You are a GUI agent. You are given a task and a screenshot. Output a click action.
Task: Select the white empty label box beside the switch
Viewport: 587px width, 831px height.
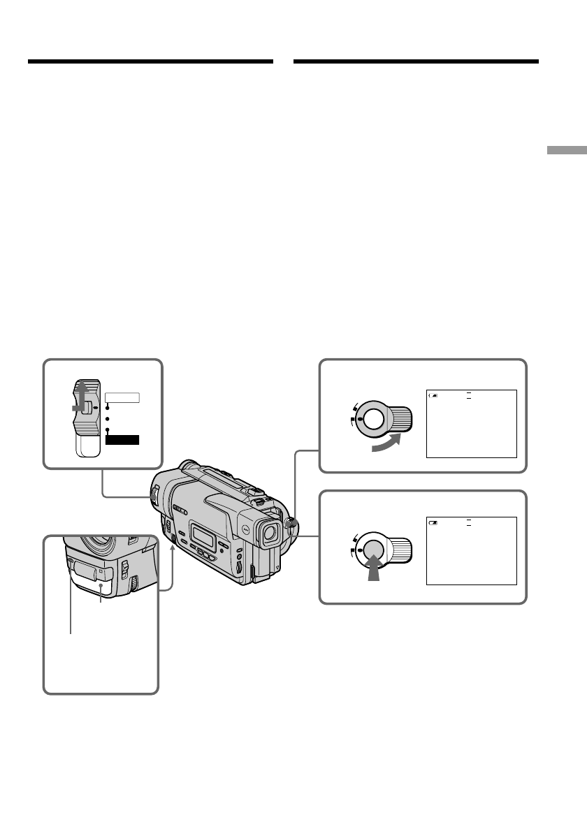click(x=123, y=398)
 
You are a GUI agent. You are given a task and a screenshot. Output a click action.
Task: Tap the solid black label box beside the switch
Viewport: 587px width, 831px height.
click(x=123, y=440)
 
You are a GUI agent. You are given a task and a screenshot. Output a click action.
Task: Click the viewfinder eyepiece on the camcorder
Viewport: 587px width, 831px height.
click(x=268, y=534)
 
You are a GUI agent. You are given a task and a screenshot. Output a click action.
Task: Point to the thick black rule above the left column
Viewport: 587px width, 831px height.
click(x=150, y=61)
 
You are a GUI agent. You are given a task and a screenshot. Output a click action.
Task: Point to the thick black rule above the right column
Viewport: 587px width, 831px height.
click(x=416, y=61)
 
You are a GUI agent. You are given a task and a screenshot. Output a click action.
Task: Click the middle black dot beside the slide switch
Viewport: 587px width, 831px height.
click(x=108, y=419)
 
